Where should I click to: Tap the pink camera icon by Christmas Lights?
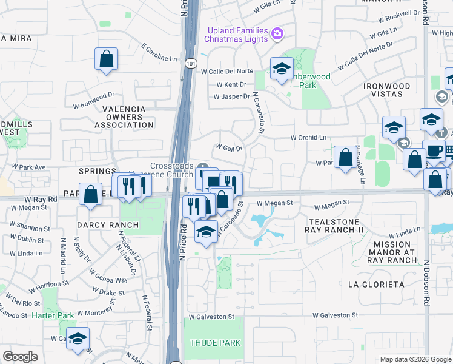277,33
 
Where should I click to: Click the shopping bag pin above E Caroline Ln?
106,59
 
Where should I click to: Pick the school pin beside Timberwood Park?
282,69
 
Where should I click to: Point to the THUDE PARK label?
215,343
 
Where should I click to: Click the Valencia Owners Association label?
124,117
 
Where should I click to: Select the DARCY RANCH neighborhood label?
107,225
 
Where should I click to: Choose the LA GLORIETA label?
376,284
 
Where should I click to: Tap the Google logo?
21,357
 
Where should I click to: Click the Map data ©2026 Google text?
415,359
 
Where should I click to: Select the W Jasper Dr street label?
231,96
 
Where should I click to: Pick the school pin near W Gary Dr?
78,339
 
